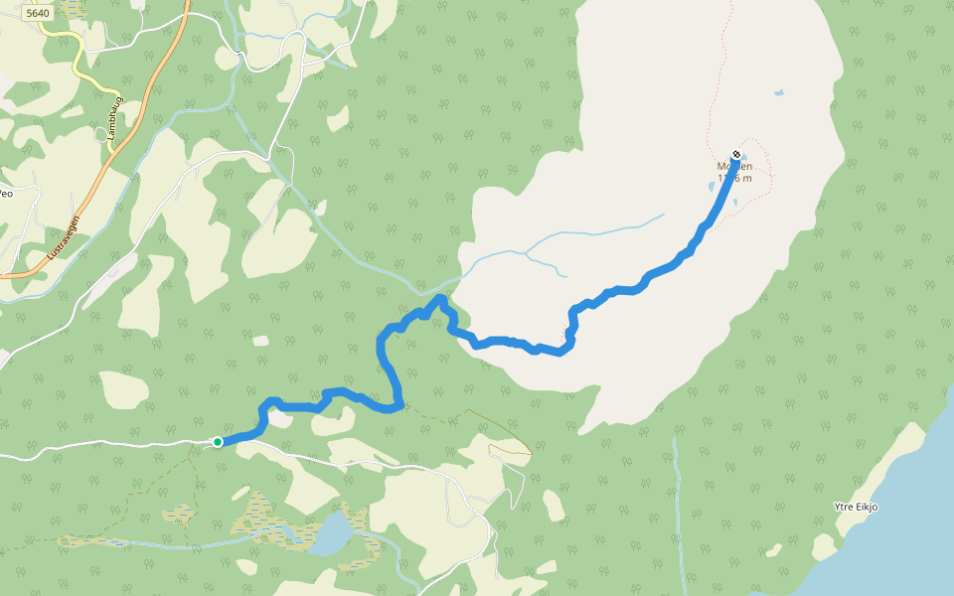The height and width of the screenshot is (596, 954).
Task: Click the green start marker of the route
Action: click(217, 441)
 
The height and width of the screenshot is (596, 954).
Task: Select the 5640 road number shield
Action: click(39, 13)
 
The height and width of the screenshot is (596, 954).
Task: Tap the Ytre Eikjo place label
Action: click(856, 507)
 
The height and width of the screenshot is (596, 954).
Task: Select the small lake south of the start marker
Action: click(331, 534)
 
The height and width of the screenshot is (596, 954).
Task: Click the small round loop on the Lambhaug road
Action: click(100, 133)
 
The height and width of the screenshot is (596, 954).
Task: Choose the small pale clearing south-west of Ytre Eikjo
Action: click(824, 546)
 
